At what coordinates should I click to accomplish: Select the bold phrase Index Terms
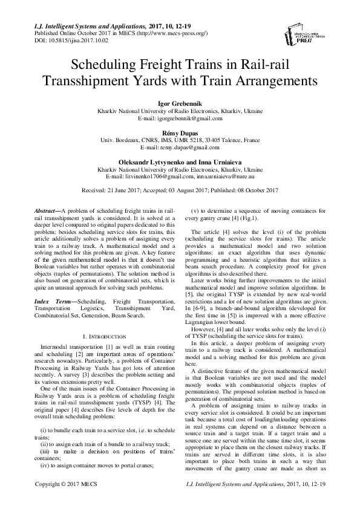(x=48, y=300)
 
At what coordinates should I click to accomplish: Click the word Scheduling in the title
(x=105, y=64)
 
